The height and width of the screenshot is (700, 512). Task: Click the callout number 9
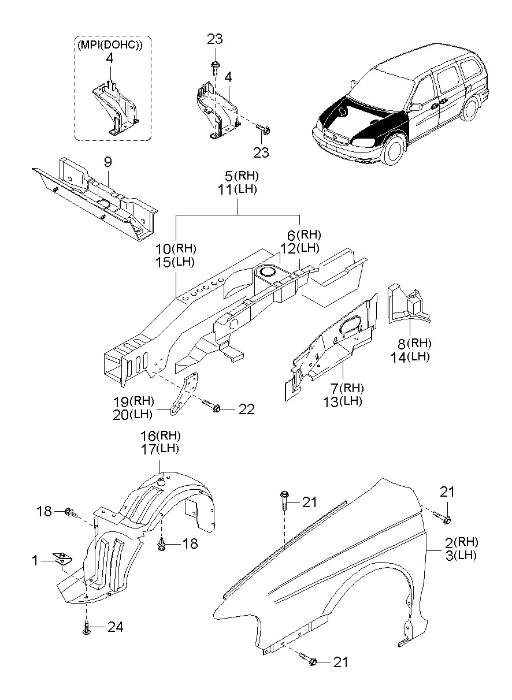107,162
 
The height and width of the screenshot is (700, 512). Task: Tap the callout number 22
246,409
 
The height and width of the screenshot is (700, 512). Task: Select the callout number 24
116,633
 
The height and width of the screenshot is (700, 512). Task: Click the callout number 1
35,561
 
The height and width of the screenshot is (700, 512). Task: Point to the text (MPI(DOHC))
110,45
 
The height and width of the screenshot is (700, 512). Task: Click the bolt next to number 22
212,406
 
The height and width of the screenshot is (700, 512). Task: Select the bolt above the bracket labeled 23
215,68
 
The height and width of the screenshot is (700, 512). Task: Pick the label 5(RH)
242,176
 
